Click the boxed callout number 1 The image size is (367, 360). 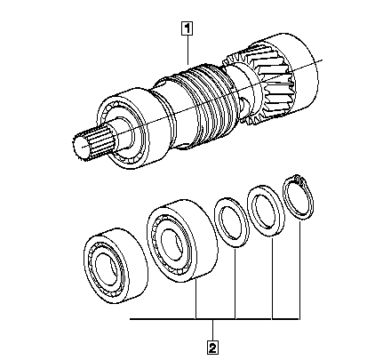[x=187, y=29]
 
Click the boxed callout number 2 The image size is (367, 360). [x=212, y=348]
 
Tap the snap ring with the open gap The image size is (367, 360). [x=299, y=197]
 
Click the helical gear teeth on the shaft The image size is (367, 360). [x=260, y=86]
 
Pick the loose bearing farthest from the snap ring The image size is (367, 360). [x=116, y=266]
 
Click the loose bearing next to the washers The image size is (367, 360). [x=182, y=240]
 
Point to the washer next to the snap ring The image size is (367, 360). [x=266, y=211]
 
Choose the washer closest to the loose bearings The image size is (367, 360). [x=232, y=223]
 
